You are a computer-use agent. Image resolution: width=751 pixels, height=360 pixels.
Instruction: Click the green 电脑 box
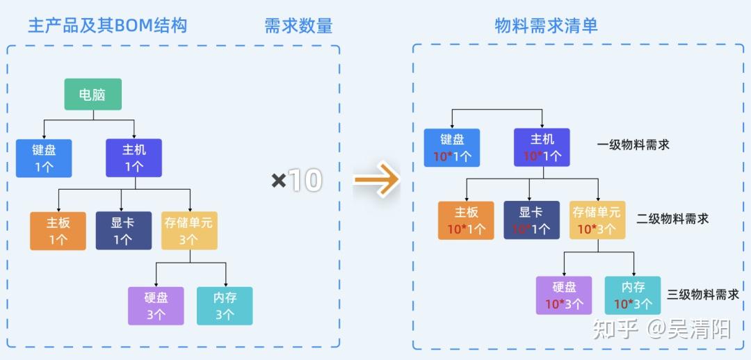(93, 95)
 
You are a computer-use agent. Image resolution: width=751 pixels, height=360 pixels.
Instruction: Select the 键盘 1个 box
(44, 158)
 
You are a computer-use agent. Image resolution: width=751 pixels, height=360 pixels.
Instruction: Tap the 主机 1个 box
(134, 158)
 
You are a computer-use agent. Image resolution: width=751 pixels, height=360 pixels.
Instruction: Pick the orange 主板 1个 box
(58, 231)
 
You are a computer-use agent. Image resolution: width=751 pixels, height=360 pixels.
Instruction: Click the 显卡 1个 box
(124, 231)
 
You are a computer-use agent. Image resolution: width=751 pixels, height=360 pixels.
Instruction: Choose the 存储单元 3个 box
(189, 231)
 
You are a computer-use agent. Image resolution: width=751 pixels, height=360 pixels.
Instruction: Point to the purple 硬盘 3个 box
(156, 306)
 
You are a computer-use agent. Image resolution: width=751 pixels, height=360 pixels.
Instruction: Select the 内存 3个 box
(225, 306)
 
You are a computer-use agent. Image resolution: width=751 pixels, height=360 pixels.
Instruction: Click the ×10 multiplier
(296, 181)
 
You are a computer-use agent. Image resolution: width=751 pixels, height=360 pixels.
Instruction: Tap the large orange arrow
(376, 179)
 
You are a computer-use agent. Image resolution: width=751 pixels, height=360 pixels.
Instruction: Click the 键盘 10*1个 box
(452, 147)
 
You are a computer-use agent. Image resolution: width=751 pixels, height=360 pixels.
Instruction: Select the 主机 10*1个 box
(542, 147)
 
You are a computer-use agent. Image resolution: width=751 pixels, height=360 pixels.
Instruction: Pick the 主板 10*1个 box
(466, 220)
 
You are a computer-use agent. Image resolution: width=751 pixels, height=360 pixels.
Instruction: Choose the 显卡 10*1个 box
(532, 220)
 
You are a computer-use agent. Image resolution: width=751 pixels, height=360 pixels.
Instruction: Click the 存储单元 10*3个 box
(597, 220)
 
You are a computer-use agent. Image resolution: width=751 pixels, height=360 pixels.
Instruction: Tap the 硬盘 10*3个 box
(564, 295)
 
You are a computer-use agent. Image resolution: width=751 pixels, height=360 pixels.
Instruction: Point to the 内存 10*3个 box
(633, 295)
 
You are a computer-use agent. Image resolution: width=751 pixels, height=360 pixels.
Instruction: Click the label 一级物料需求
(633, 145)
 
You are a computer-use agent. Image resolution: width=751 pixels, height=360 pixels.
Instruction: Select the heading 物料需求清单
(546, 26)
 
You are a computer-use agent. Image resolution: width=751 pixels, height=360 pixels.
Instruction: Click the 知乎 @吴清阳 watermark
(661, 329)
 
